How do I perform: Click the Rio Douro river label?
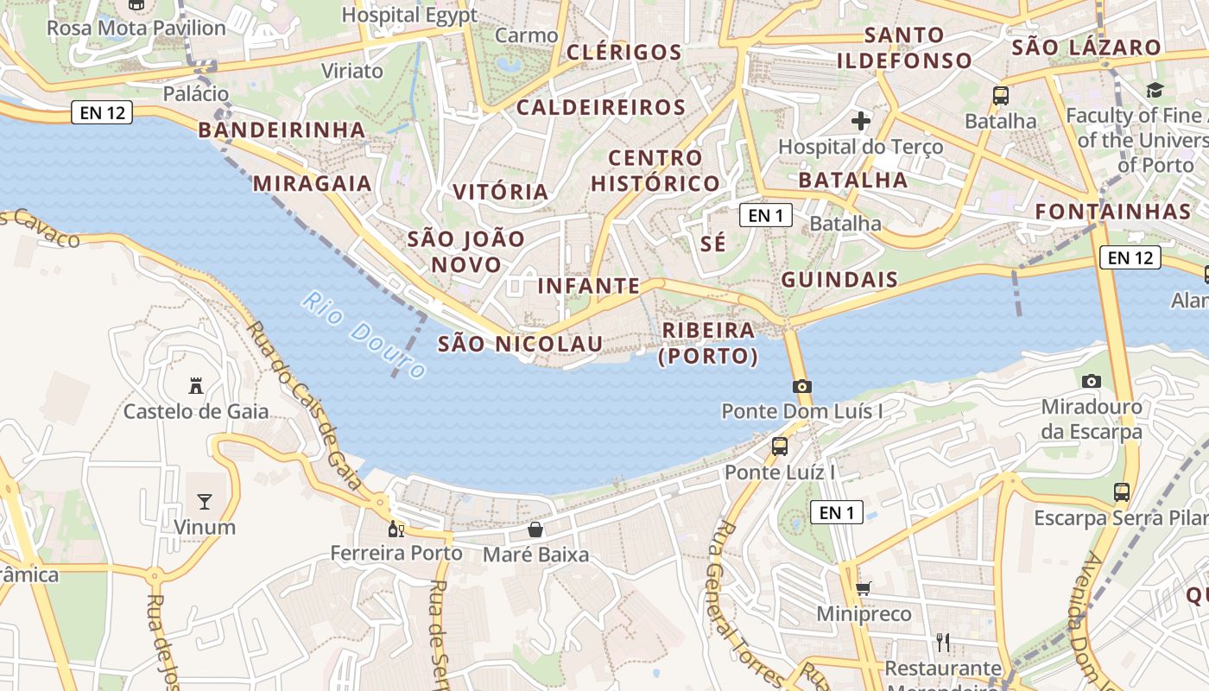click(x=364, y=335)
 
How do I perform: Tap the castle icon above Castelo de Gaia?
click(x=196, y=386)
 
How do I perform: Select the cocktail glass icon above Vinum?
click(x=205, y=501)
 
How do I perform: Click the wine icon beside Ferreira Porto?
click(x=396, y=529)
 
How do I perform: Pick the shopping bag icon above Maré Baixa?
click(x=535, y=529)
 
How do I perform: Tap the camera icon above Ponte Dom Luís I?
click(x=801, y=386)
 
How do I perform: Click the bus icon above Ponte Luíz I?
click(x=780, y=447)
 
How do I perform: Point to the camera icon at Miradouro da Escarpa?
click(x=1092, y=381)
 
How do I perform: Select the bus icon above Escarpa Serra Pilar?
click(x=1121, y=492)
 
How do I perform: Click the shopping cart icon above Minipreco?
click(x=863, y=589)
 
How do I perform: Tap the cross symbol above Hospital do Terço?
click(x=860, y=121)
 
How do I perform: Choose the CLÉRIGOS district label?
click(x=623, y=52)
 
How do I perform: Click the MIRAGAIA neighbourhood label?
click(x=312, y=183)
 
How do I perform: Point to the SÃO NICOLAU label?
click(x=520, y=344)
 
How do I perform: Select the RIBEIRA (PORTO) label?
click(x=708, y=343)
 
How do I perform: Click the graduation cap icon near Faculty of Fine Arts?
click(x=1155, y=90)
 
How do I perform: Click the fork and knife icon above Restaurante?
click(x=943, y=642)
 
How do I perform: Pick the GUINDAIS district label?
click(x=839, y=280)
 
